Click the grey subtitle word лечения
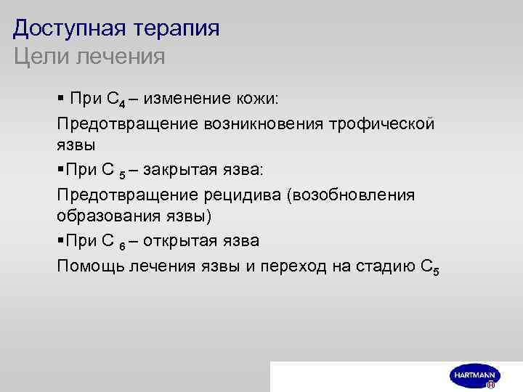tap(124, 56)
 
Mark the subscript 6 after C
tap(122, 245)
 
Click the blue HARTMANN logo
tap(473, 375)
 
